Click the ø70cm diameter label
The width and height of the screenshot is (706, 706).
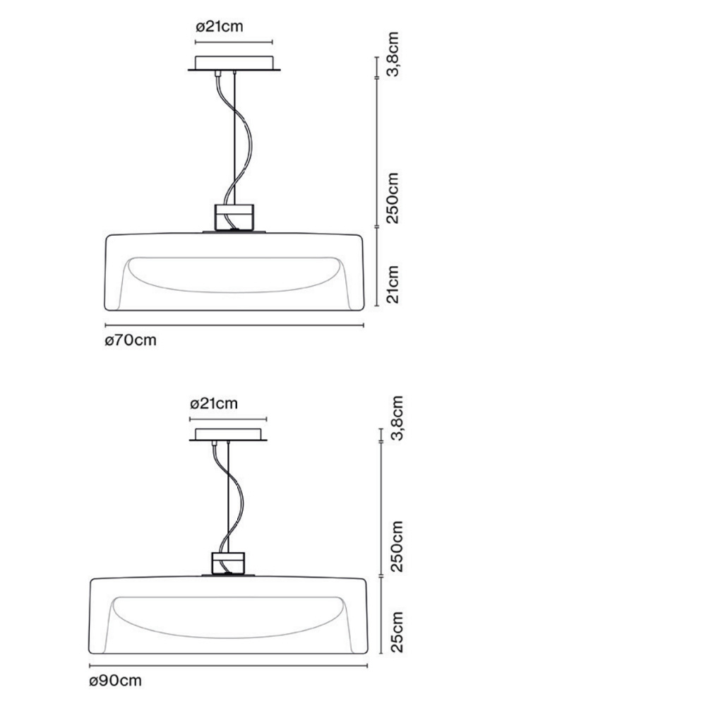point(131,340)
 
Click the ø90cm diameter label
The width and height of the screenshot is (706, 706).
point(115,681)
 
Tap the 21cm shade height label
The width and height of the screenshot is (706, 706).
point(393,285)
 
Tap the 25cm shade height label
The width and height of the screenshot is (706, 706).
point(397,632)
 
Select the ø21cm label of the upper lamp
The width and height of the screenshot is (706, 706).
point(220,27)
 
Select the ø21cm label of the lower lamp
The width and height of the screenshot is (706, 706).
point(214,403)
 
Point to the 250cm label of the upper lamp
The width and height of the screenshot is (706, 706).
point(393,198)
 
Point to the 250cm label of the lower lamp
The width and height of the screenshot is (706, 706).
point(397,546)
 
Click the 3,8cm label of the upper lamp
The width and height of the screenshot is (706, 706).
point(393,54)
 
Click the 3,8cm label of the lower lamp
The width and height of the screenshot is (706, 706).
point(397,418)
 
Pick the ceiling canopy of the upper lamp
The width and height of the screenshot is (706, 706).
point(234,64)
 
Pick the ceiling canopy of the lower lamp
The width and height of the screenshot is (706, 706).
point(228,434)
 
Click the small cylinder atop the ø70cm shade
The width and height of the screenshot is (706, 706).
point(234,217)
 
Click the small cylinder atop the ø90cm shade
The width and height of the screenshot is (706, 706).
point(228,563)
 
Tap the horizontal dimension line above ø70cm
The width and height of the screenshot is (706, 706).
point(234,325)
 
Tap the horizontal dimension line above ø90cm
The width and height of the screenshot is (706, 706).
point(228,666)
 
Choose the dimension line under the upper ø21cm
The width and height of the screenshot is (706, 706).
point(234,42)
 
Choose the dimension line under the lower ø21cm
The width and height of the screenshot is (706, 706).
point(228,419)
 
